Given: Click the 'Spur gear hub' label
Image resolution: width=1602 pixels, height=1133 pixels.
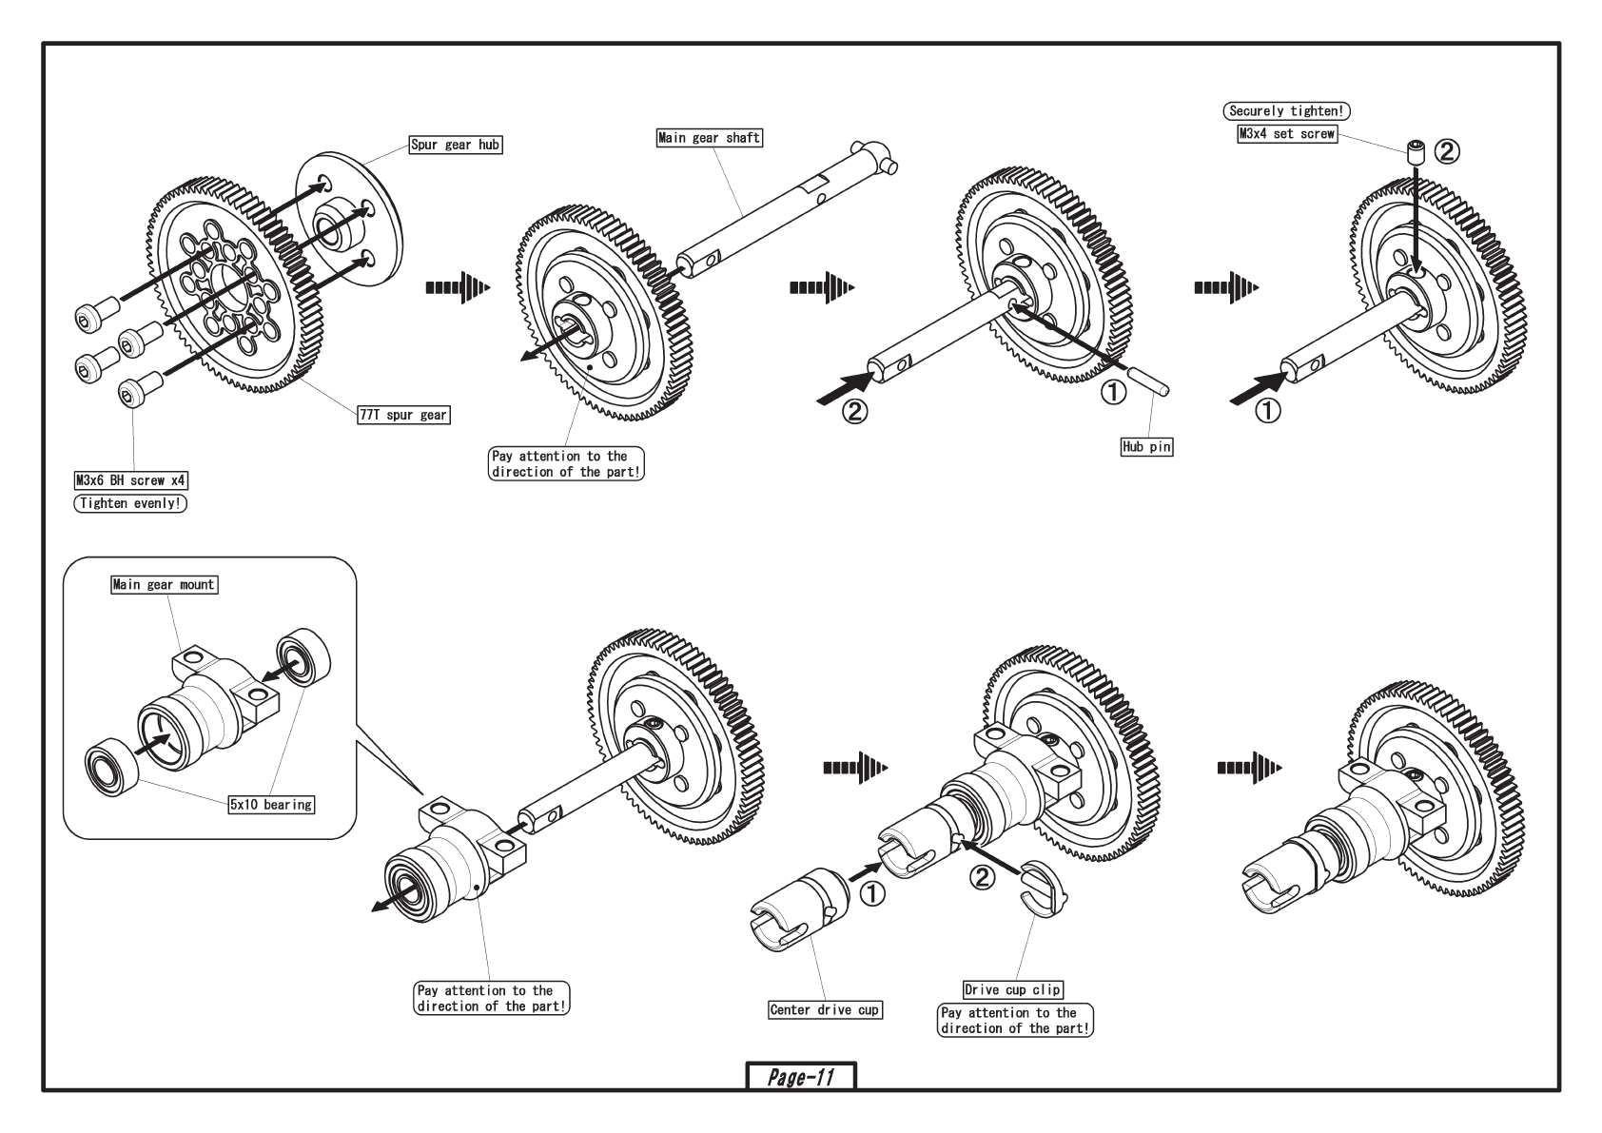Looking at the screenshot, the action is coord(456,145).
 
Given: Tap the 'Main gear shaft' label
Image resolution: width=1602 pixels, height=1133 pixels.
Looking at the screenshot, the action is coord(709,137).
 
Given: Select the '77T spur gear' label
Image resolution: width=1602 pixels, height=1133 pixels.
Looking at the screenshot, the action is coord(403,415).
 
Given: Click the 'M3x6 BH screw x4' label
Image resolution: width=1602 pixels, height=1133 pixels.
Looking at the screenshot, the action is coord(131,480).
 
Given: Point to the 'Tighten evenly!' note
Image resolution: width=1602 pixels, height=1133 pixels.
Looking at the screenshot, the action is coord(130,503).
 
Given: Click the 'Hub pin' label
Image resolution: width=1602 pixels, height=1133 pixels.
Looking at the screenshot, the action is coord(1146,446).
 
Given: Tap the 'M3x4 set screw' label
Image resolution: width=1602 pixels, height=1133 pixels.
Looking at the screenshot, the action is coord(1286,134).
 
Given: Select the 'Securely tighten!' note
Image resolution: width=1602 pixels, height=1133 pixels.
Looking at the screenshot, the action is coord(1286,111).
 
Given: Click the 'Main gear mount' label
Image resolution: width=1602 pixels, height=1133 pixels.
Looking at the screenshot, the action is coord(164,584).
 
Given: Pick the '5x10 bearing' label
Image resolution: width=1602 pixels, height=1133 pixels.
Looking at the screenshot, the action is coord(271,804).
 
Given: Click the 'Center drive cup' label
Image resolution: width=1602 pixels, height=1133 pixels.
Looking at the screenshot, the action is coord(824,1009).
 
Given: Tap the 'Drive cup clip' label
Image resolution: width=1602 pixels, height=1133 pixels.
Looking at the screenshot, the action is coord(1012,989).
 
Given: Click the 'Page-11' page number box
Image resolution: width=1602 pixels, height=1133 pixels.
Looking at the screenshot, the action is coord(800,1077).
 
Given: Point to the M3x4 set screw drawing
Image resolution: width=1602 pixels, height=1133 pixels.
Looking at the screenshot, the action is coord(1416,152).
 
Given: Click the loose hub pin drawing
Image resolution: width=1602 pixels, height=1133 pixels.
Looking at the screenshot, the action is coord(1147,380).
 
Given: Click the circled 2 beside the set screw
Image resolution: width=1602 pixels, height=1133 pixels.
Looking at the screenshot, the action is coord(1447,151).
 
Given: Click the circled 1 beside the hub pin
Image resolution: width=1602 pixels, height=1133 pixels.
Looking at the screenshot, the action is coord(1113,392).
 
